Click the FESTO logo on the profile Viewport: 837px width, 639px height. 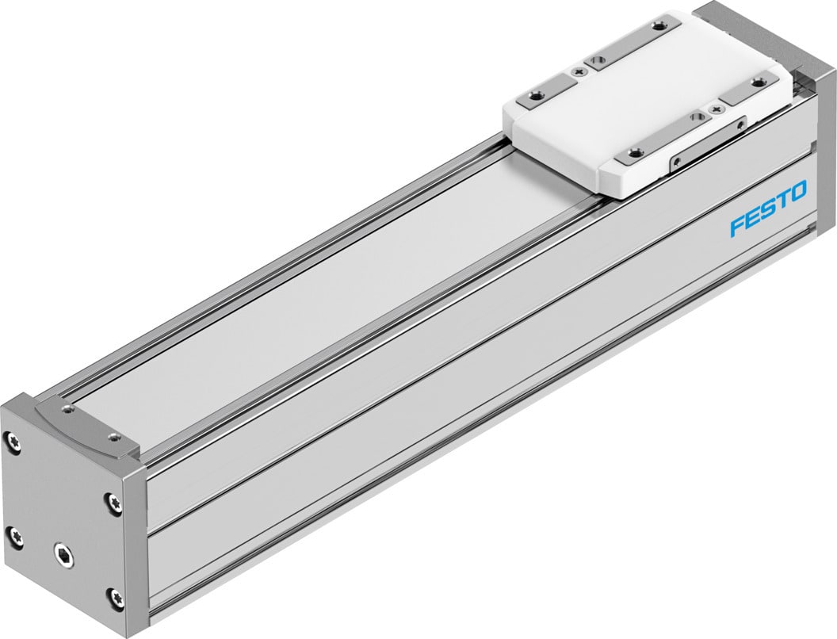coord(767,209)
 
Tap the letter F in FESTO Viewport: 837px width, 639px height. coord(737,226)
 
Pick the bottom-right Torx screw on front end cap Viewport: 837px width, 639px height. coord(117,595)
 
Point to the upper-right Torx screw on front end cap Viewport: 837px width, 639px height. coord(116,501)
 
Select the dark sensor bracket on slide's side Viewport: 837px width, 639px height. coord(709,143)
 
